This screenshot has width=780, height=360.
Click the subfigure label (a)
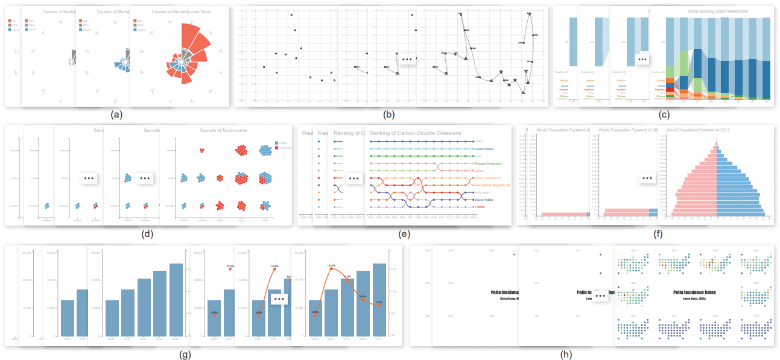tap(116, 114)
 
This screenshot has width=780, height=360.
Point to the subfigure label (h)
tap(565, 355)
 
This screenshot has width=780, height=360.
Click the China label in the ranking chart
tap(480, 142)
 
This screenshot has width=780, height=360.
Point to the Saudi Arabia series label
tap(486, 200)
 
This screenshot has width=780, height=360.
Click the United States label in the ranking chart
tap(484, 149)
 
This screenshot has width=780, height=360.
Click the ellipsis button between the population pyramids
tap(647, 178)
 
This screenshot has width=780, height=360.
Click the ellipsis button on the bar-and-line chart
tap(278, 298)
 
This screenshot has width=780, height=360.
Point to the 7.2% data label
tap(379, 302)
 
